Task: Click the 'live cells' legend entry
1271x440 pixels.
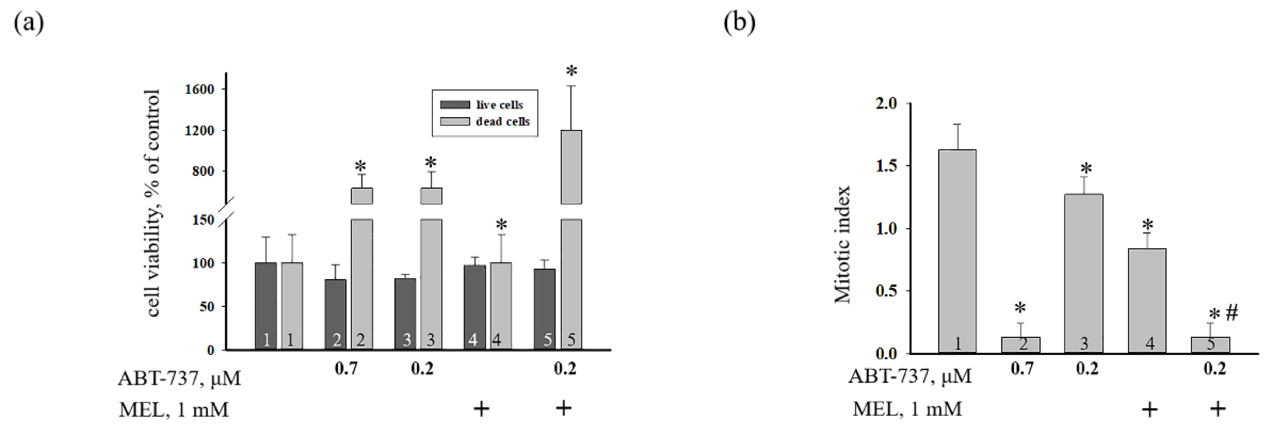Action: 499,105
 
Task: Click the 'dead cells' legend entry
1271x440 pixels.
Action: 502,121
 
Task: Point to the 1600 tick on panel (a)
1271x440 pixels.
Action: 199,89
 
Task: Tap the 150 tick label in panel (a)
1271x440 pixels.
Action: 203,220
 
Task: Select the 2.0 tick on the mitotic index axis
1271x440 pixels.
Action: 886,104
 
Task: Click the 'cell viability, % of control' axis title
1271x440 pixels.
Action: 153,203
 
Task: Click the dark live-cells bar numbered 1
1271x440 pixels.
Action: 266,306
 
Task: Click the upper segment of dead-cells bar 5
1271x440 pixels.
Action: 572,167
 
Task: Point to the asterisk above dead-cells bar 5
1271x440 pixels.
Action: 572,72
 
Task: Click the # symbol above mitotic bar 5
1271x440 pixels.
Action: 1232,314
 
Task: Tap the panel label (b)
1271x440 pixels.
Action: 739,23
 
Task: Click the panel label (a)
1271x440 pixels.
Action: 29,23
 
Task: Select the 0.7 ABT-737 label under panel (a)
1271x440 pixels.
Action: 346,368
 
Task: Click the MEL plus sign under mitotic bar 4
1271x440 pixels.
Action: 1150,409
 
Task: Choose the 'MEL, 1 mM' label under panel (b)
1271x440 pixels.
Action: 907,409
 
